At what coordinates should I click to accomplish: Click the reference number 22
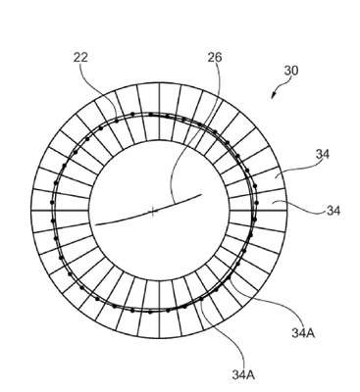tap(80, 58)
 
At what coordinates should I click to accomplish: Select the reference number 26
tap(215, 58)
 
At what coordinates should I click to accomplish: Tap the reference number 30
tap(291, 71)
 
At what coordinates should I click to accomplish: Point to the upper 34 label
tap(323, 154)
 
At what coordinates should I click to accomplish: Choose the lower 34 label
tap(334, 211)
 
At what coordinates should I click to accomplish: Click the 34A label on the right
tap(303, 333)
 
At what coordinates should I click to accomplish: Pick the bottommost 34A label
tap(243, 375)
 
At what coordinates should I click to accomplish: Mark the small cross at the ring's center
tap(152, 212)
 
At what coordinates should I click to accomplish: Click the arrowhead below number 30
tap(273, 95)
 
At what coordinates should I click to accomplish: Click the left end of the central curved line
tap(95, 224)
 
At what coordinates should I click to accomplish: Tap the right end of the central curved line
tap(201, 195)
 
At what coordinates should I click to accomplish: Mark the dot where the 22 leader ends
tap(117, 122)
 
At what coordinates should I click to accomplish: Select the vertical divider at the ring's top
tap(159, 112)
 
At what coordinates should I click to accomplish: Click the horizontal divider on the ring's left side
tap(60, 211)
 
